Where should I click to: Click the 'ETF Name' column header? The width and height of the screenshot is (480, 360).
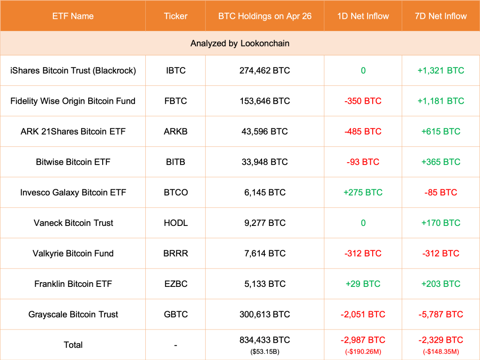(73, 16)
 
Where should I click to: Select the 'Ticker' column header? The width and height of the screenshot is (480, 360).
(175, 16)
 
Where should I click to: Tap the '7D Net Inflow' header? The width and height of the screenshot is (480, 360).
(441, 16)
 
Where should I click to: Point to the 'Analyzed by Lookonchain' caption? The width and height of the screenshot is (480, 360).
(240, 43)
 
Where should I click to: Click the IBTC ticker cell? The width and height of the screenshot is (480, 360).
(175, 70)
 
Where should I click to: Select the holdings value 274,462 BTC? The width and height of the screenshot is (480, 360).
(264, 70)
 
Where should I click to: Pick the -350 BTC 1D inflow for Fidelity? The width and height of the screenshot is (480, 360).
(363, 101)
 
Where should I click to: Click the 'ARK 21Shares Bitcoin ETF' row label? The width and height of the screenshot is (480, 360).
(73, 131)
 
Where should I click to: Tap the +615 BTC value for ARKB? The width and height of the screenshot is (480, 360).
(441, 131)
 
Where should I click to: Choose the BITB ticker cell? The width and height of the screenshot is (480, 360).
(175, 162)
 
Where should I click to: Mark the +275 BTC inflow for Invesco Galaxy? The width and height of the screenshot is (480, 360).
(363, 192)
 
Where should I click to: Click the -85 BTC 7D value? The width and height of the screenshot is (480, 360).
(441, 192)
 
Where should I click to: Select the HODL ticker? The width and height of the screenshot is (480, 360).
(175, 223)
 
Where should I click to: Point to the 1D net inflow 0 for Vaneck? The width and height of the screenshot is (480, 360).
(363, 223)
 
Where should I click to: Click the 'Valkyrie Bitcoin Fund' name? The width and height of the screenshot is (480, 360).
(73, 253)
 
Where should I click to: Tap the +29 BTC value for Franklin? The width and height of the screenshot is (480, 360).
(363, 284)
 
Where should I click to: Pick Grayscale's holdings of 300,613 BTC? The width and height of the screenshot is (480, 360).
(264, 314)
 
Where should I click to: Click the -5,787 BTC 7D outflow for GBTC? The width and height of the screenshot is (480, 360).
(441, 314)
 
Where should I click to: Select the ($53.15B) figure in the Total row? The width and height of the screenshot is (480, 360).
(264, 351)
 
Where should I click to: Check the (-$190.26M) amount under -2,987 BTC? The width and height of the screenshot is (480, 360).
(363, 351)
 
